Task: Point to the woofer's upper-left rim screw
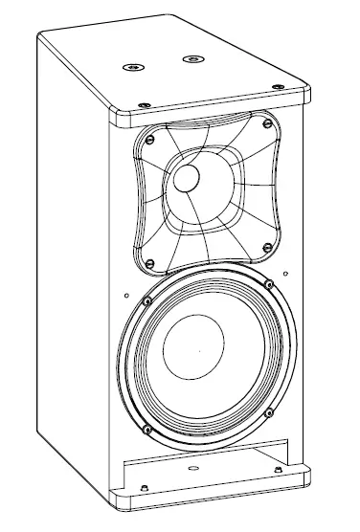coord(145,301)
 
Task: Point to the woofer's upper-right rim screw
coord(269,283)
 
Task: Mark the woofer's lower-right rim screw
coord(268,413)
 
